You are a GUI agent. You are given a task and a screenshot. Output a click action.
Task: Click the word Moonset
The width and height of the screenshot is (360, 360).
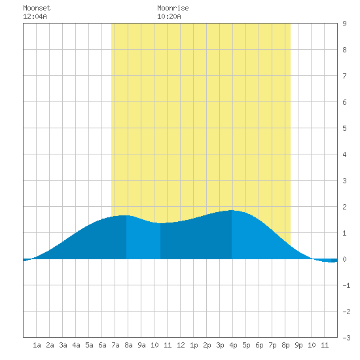click(x=37, y=8)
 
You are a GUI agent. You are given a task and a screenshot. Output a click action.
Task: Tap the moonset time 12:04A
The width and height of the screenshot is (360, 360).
click(x=35, y=16)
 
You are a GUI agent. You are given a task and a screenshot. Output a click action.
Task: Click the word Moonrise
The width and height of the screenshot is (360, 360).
click(x=173, y=8)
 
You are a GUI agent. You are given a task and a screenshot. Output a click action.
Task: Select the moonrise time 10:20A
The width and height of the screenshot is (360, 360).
click(x=169, y=16)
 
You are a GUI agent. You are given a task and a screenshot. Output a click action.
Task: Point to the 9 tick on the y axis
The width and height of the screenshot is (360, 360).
click(x=344, y=24)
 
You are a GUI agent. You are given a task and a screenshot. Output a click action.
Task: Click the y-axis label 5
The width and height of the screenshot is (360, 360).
click(x=344, y=128)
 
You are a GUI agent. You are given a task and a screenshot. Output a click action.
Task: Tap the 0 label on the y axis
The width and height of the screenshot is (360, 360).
click(x=344, y=259)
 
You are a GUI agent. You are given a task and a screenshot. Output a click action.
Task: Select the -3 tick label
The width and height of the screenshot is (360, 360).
click(x=346, y=338)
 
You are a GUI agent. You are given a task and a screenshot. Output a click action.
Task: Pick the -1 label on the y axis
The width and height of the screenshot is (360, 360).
click(x=346, y=285)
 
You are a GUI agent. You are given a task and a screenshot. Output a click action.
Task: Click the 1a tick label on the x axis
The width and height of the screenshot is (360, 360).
click(x=37, y=345)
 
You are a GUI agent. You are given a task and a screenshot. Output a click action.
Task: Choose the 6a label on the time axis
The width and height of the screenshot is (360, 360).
click(x=102, y=345)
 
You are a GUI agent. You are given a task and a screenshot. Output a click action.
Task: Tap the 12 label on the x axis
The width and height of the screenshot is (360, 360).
click(x=181, y=345)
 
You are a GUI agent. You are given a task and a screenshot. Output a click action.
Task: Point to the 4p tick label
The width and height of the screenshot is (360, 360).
click(x=233, y=345)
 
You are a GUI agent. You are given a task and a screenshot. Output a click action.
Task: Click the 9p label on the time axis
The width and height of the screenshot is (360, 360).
click(x=298, y=345)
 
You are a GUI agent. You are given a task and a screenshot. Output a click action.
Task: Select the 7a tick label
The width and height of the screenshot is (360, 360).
click(x=115, y=345)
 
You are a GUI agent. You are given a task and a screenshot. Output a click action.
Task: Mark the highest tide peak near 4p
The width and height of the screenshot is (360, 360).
click(x=232, y=210)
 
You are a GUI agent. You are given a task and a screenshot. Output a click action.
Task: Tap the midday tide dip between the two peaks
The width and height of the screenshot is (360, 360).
click(x=160, y=223)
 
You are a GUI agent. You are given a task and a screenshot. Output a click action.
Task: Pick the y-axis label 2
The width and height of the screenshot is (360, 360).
click(x=344, y=207)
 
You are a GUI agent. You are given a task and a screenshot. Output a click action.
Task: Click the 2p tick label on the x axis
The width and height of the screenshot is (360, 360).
click(x=207, y=345)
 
